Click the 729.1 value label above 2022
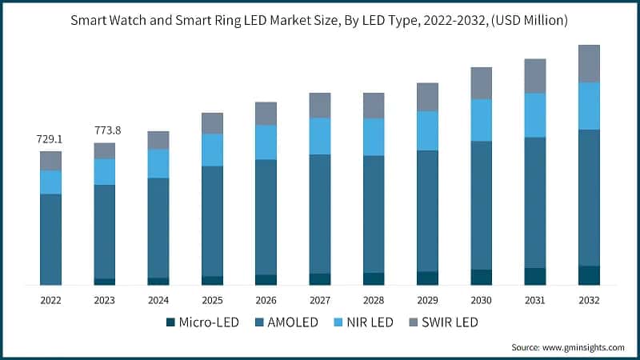pos(50,139)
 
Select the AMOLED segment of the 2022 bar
pos(50,238)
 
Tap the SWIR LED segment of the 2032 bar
pos(589,63)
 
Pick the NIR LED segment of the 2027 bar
pos(320,136)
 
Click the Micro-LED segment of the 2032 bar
pos(589,275)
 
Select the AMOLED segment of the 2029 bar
pos(427,210)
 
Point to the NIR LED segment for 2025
pos(212,150)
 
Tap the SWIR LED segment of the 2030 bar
pos(481,82)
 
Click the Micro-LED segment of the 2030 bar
pos(481,277)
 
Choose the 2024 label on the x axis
pos(158,300)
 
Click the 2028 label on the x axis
pos(373,300)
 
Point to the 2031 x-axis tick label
pos(534,300)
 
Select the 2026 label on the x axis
pos(266,300)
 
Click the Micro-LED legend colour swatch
pos(170,322)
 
